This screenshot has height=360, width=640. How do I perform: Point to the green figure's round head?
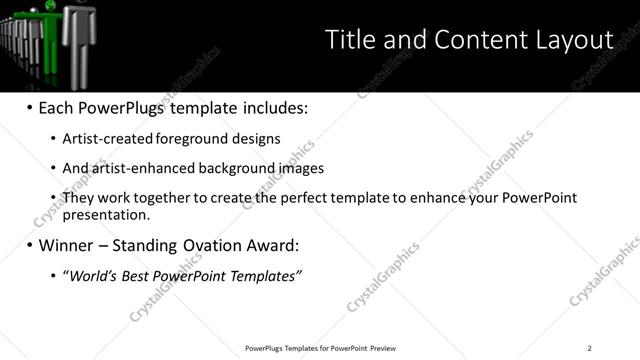click(53, 5)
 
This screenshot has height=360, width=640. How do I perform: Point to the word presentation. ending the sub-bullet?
click(106, 214)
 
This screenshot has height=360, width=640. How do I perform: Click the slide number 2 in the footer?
click(589, 348)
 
